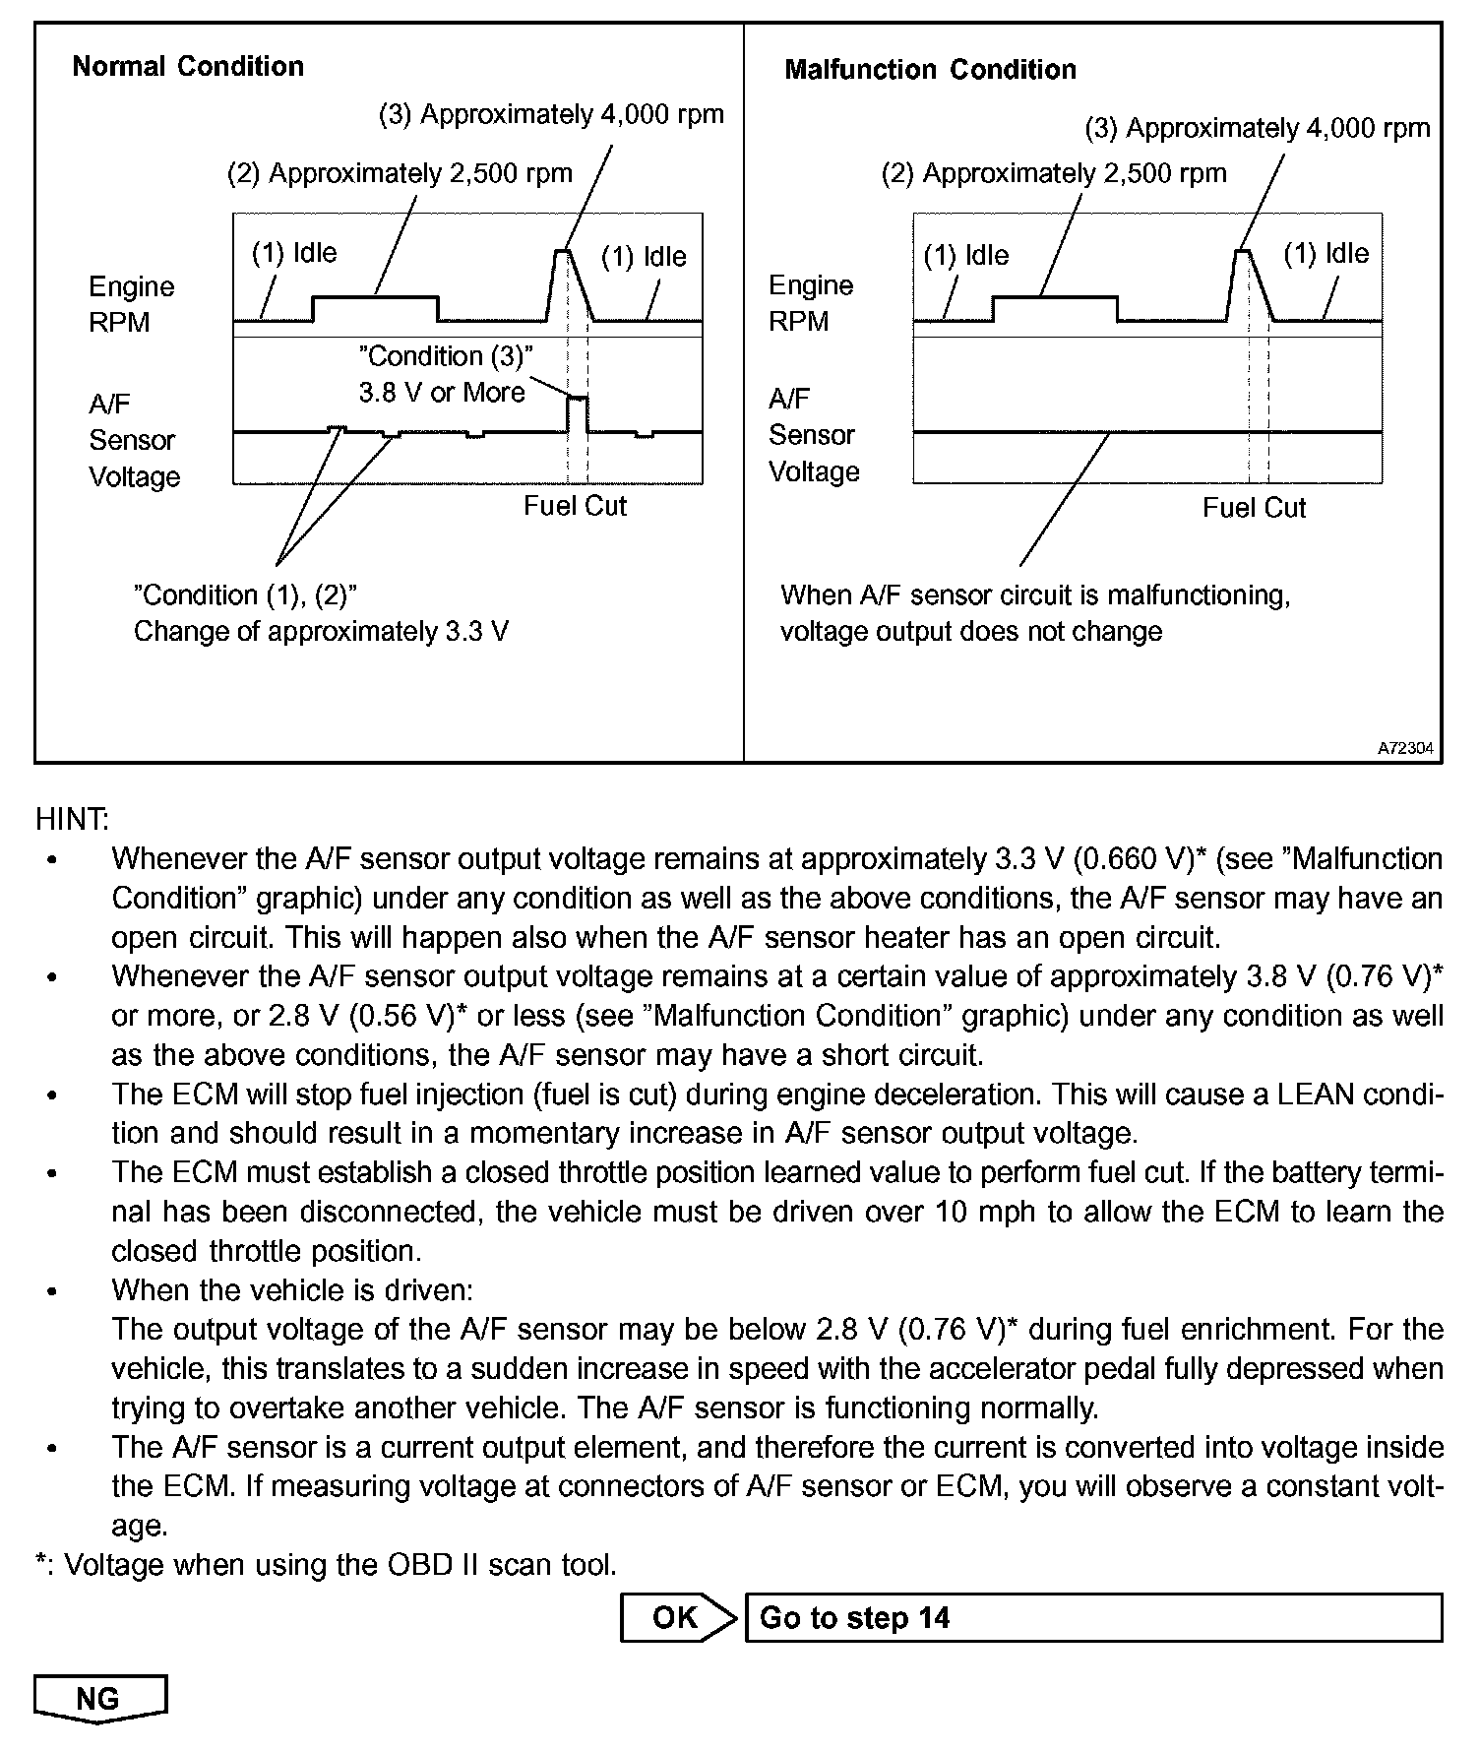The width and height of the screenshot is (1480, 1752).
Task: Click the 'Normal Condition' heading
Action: coord(188,67)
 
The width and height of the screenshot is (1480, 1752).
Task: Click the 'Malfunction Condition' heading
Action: coord(930,70)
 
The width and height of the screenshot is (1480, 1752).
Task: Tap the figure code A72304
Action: coord(1405,749)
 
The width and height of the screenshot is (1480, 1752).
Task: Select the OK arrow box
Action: coord(677,1617)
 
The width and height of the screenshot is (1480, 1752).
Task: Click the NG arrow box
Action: coord(99,1698)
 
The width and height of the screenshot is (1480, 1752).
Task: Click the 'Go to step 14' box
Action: coord(1092,1617)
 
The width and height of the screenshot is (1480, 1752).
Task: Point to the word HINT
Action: coord(72,819)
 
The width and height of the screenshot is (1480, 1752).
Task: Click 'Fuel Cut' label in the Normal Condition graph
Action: coord(575,506)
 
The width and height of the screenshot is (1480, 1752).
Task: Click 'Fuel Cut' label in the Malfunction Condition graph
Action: coord(1254,508)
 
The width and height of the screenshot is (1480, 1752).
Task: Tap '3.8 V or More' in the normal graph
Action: coord(442,393)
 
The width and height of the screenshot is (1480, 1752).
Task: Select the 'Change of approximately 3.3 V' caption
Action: coord(321,631)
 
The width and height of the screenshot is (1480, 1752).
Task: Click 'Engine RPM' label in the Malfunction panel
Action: coord(810,303)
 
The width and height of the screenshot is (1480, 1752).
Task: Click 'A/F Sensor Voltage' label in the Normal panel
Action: coord(134,440)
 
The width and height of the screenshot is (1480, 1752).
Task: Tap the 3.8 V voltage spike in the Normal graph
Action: coord(578,399)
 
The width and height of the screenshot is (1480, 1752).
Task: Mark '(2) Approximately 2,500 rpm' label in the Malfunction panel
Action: coord(1054,174)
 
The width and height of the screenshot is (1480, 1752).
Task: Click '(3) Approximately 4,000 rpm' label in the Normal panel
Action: coord(551,115)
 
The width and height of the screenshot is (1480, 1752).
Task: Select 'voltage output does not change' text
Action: coord(970,631)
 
